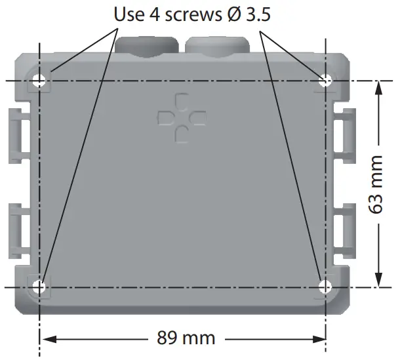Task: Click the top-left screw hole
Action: [x=41, y=81]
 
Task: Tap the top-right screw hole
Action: [x=326, y=81]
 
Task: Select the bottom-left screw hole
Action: [x=41, y=287]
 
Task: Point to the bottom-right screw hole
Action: [x=326, y=287]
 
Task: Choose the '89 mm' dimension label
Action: [x=186, y=339]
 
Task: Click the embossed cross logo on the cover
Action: [x=182, y=118]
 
